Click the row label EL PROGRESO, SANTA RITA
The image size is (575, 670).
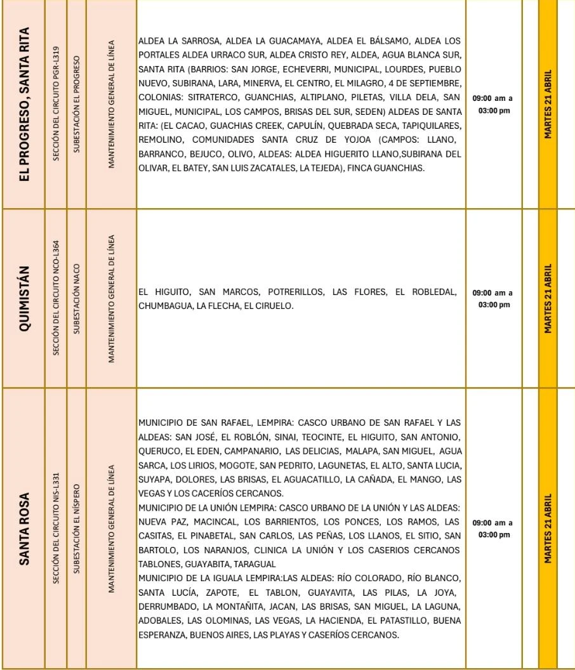[x=27, y=104]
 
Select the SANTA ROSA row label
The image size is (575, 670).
[x=27, y=527]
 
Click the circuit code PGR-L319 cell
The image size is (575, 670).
[x=56, y=103]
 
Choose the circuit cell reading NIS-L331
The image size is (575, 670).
[x=56, y=527]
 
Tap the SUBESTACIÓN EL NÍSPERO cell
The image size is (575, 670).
[x=76, y=527]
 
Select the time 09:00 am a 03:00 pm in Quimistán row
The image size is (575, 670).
[x=493, y=299]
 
